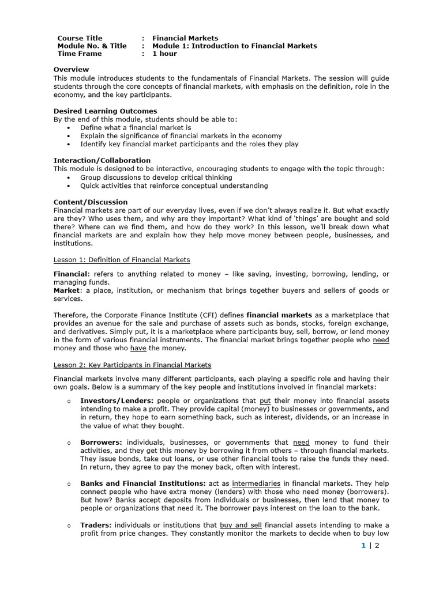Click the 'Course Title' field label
click(80, 38)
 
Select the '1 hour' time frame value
click(164, 54)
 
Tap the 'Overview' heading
click(71, 70)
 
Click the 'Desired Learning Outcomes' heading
click(105, 111)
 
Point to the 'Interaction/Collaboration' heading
click(102, 160)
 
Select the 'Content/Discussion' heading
click(91, 202)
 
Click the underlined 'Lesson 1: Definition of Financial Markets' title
click(122, 260)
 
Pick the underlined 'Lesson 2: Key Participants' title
click(132, 365)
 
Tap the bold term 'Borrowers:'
click(101, 442)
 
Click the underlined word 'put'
click(265, 400)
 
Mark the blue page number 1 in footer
click(363, 546)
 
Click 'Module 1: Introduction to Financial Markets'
click(234, 46)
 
